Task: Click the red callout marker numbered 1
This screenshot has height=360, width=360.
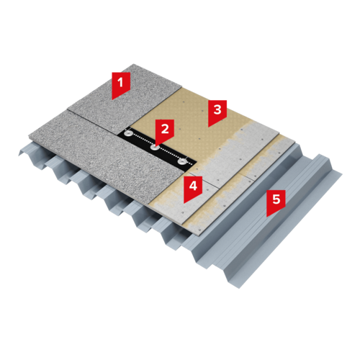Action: [121, 84]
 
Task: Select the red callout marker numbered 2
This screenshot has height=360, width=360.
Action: [165, 131]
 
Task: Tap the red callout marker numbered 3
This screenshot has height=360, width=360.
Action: [217, 112]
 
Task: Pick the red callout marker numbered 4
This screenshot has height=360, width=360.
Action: [193, 188]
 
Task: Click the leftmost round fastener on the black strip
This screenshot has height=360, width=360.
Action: [129, 132]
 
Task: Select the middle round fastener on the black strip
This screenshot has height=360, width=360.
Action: [156, 148]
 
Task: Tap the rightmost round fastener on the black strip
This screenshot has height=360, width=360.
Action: [182, 162]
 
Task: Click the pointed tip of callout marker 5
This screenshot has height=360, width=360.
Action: [267, 217]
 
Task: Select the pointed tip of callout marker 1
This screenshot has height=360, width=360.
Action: [112, 99]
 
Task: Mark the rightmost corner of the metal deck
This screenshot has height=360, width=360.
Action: [342, 175]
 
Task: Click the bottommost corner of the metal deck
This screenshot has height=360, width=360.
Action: [239, 288]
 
